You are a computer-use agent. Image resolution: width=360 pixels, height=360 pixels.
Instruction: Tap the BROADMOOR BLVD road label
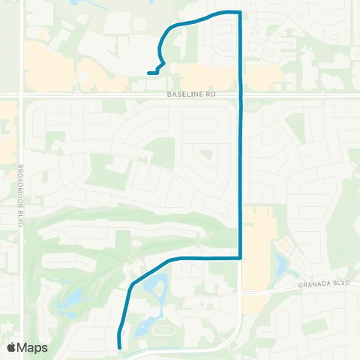[x=22, y=189]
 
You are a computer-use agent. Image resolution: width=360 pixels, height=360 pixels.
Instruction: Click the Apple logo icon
[x=11, y=347]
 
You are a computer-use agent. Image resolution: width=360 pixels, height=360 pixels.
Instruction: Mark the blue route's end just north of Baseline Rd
[x=148, y=73]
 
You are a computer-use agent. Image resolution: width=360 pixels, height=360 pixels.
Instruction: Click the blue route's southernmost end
[x=120, y=346]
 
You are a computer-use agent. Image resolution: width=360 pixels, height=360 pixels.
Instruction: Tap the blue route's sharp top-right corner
[x=239, y=13]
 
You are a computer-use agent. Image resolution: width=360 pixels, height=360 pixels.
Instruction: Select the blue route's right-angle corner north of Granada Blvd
[x=239, y=258]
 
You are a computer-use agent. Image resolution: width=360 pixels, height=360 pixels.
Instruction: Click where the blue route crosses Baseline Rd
[x=240, y=95]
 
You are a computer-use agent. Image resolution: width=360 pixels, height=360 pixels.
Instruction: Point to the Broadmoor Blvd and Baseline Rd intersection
[x=22, y=95]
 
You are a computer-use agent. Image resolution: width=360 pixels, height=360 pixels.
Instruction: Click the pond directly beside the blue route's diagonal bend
[x=159, y=284]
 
